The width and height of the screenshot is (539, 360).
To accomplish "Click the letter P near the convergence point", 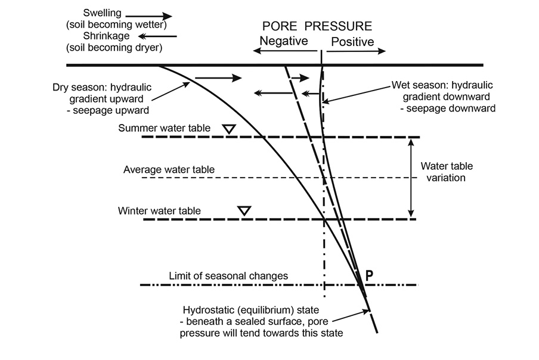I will coord(370,275).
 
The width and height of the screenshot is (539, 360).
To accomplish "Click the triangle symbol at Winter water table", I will coord(244,210).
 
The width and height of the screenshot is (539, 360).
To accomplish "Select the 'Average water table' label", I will coord(169,170).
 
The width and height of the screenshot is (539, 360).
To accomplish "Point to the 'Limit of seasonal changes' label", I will coord(228,276).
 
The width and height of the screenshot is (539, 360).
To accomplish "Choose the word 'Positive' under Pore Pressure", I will coord(352,42).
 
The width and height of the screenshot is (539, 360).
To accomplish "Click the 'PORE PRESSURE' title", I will coord(317,26).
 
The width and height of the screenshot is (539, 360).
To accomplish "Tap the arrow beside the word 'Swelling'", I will coord(148,16).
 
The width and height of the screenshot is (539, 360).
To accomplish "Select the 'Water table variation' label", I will coord(443,172).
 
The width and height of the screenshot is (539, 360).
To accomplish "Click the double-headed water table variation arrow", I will coord(410,177).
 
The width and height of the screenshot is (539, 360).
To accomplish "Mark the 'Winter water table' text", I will coord(159,210).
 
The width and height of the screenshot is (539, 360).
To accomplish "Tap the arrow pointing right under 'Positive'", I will coord(356,52).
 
